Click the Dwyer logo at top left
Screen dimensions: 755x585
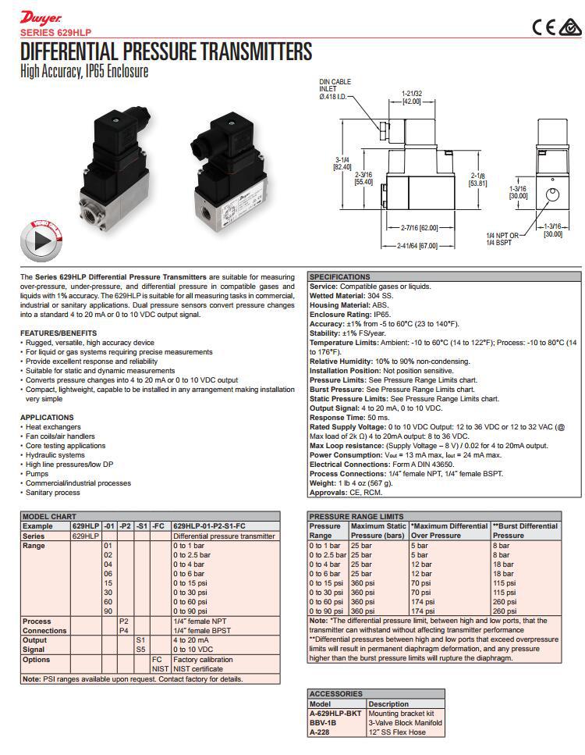[x=36, y=16]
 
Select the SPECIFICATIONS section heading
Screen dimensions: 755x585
[x=339, y=277]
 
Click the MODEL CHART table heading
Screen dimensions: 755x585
[x=49, y=517]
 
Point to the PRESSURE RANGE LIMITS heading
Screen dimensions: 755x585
[x=356, y=517]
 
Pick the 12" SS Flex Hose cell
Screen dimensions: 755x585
[x=396, y=732]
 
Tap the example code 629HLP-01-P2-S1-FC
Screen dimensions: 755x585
[x=208, y=527]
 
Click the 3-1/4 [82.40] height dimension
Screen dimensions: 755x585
[x=342, y=163]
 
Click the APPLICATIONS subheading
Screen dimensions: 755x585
[x=47, y=418]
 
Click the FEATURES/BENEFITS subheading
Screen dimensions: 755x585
[x=58, y=333]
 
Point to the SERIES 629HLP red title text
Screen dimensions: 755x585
[x=54, y=33]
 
